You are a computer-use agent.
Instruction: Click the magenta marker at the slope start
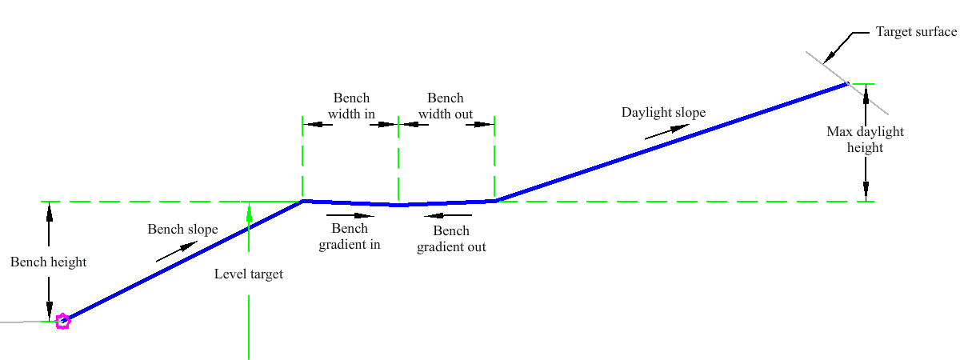click(x=62, y=322)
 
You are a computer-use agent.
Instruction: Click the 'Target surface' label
click(x=916, y=32)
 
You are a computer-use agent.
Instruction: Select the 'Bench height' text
click(x=48, y=262)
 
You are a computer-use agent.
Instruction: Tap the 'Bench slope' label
click(x=182, y=230)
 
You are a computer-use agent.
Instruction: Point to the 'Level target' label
click(x=249, y=274)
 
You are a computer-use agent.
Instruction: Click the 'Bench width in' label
click(x=351, y=106)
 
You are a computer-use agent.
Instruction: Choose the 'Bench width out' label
click(x=446, y=106)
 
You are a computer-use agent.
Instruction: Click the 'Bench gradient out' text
click(x=451, y=239)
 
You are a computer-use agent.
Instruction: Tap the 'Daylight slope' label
click(x=663, y=113)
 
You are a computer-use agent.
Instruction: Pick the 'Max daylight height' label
click(x=865, y=139)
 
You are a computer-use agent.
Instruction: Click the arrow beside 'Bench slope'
click(x=176, y=251)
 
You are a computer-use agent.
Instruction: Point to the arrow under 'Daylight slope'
click(x=665, y=132)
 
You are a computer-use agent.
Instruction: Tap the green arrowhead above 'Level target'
click(x=249, y=214)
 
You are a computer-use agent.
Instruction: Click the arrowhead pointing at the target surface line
click(x=830, y=55)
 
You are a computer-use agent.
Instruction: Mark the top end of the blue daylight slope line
click(x=846, y=83)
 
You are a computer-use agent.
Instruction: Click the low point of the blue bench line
click(x=398, y=205)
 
